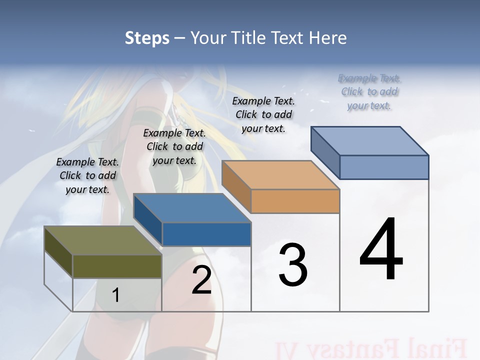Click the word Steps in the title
point(147,38)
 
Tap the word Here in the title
point(326,38)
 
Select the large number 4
point(381,249)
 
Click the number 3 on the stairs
point(293,265)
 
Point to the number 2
point(201,280)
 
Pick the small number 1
point(115,295)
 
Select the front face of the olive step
point(117,266)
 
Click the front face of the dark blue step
point(206,234)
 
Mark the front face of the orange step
point(295,201)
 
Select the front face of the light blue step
point(384,167)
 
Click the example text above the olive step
point(87,175)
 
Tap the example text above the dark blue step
point(174,146)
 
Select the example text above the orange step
point(263,114)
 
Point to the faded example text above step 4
point(369,91)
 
